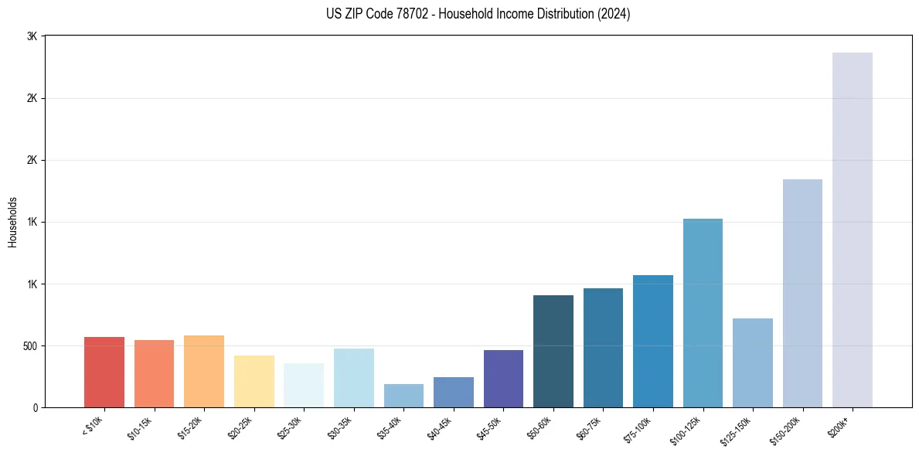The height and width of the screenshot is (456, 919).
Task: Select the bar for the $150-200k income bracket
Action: click(x=802, y=293)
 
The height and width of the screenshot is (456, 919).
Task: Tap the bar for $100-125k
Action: click(x=703, y=313)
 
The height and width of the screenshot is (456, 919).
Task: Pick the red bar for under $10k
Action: click(x=104, y=372)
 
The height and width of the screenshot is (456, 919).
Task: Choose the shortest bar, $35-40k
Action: click(x=403, y=396)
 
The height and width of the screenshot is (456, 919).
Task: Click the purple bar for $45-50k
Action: click(x=503, y=379)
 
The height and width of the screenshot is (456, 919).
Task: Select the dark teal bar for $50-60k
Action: click(x=553, y=351)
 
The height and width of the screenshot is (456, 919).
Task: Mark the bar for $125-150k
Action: click(x=753, y=362)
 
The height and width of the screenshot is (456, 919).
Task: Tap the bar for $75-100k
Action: click(x=653, y=341)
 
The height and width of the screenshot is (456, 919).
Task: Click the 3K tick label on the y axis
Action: click(x=32, y=36)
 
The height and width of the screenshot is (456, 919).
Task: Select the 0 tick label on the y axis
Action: click(x=35, y=407)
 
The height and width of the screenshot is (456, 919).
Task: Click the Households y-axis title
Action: click(x=12, y=222)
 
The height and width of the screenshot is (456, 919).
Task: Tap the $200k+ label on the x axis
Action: click(x=839, y=425)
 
